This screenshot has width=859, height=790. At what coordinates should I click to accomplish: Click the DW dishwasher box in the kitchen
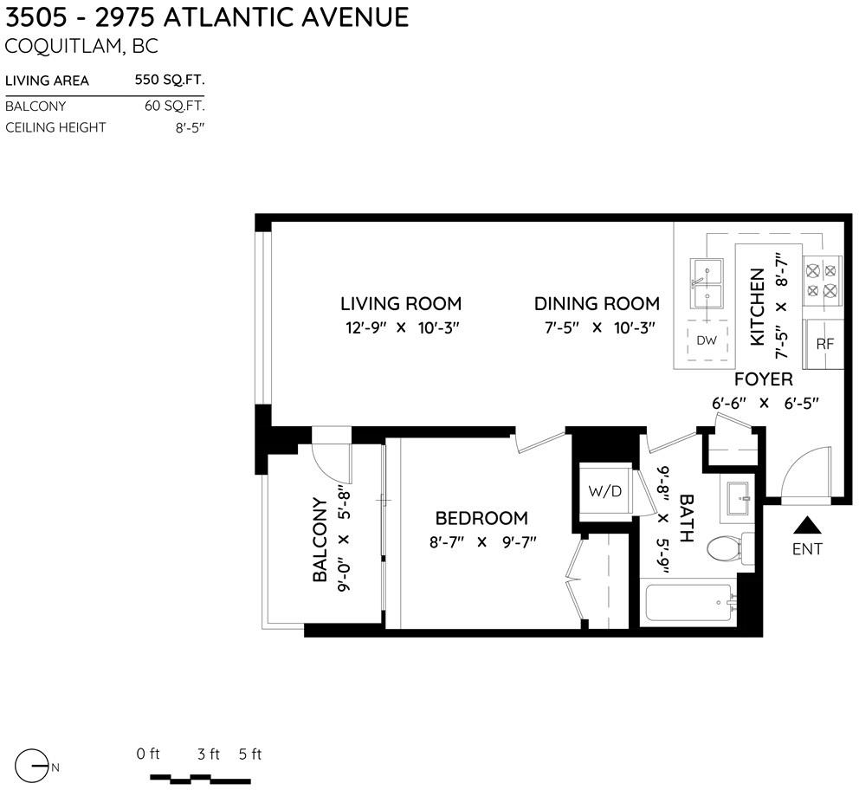coord(707,340)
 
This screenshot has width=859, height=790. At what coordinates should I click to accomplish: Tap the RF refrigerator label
coord(824,344)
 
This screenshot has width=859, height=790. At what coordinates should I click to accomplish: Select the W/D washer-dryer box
coord(605,491)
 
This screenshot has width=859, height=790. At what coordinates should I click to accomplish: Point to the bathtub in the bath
coord(690,603)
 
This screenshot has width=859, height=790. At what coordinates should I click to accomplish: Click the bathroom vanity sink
coord(738,499)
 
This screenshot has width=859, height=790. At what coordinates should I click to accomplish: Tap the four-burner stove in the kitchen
coord(823,281)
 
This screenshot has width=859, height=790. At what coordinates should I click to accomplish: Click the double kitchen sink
coord(707,284)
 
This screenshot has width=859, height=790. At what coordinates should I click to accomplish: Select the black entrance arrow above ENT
coord(808,525)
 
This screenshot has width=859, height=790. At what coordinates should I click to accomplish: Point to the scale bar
coord(201,779)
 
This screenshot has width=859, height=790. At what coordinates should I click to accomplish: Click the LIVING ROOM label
coord(401,303)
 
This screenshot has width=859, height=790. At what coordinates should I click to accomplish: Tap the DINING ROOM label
coord(597,303)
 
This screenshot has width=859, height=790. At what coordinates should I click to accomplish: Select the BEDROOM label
coord(481,518)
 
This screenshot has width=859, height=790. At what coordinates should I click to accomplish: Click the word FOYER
coord(763,379)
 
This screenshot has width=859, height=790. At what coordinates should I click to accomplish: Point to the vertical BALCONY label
coord(320,539)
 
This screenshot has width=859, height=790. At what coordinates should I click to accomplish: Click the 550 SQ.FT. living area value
coord(170,80)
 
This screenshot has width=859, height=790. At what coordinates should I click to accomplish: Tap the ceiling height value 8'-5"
coord(190,127)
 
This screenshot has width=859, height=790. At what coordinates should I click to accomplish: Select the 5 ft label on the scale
coord(249,754)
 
